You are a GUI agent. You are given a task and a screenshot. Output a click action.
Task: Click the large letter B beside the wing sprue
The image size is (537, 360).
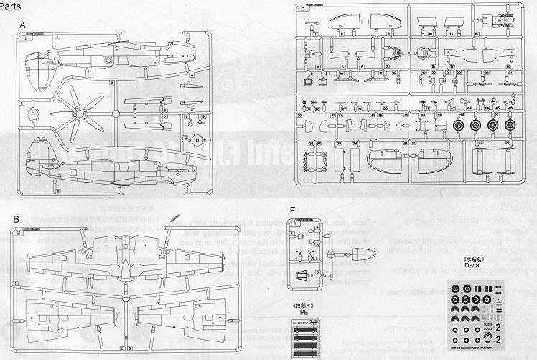(x=16, y=218)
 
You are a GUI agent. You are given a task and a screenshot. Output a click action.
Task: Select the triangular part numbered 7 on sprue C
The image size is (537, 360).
(x=396, y=53)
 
